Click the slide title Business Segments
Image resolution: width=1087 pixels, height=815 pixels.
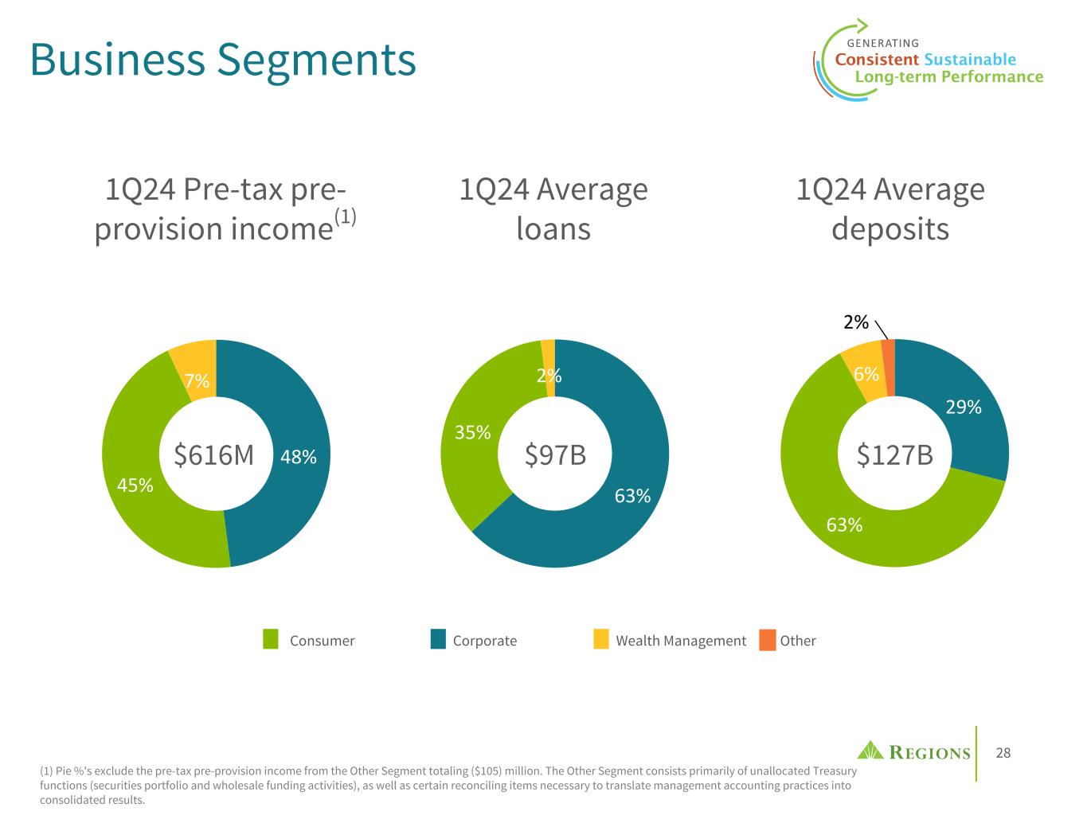[x=223, y=59]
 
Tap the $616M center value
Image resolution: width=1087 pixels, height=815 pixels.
[x=213, y=455]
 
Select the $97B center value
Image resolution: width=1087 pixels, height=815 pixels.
[x=555, y=455]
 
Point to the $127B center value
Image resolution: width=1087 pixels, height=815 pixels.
[x=894, y=455]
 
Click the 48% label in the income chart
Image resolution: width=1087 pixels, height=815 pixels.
[x=299, y=457]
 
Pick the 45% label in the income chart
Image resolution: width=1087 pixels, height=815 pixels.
[x=135, y=485]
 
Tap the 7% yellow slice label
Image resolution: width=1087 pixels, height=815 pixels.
[x=197, y=381]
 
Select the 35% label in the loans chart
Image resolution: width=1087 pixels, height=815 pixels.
[x=472, y=433]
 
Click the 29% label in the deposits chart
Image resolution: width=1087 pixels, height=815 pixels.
[x=963, y=407]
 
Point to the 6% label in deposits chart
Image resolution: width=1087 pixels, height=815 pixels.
[x=866, y=374]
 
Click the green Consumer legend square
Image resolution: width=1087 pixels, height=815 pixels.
[x=271, y=640]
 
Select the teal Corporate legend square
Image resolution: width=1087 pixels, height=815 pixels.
[x=438, y=640]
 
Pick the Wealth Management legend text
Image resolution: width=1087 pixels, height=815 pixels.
[x=681, y=641]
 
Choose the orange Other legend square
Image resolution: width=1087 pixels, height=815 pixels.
[x=767, y=640]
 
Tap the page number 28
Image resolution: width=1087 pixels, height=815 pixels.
[x=1003, y=753]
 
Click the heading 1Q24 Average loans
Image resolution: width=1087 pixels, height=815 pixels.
[x=553, y=209]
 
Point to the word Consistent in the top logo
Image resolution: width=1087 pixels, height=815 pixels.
[x=876, y=60]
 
